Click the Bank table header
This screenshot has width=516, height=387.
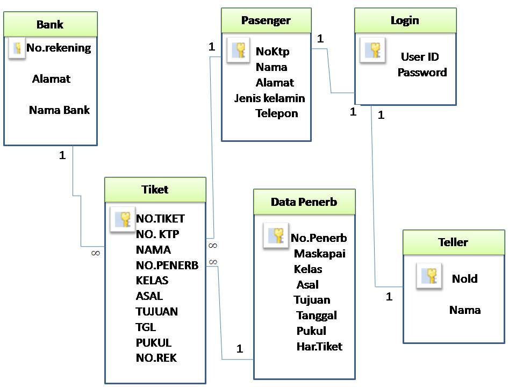[x=50, y=24]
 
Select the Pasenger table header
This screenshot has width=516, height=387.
[x=266, y=21]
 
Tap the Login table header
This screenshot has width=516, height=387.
[x=405, y=21]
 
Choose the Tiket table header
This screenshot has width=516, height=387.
[x=155, y=190]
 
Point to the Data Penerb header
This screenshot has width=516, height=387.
[x=304, y=202]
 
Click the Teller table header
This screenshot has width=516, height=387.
[x=454, y=242]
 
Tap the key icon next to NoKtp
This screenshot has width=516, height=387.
[x=238, y=50]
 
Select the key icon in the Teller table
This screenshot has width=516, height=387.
[x=429, y=276]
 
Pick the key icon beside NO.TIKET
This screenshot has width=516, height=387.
[x=122, y=219]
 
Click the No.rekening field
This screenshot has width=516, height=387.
[x=59, y=48]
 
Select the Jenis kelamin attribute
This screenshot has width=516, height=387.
[x=269, y=98]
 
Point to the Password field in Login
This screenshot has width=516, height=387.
[x=422, y=73]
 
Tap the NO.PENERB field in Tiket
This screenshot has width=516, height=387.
[x=167, y=266]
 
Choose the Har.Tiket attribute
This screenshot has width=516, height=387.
[x=319, y=347]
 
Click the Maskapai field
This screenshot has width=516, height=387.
[x=319, y=253]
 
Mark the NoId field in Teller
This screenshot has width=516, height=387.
[x=464, y=279]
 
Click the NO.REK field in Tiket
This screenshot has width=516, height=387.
[x=156, y=358]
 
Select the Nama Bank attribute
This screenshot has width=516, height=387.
[x=59, y=110]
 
